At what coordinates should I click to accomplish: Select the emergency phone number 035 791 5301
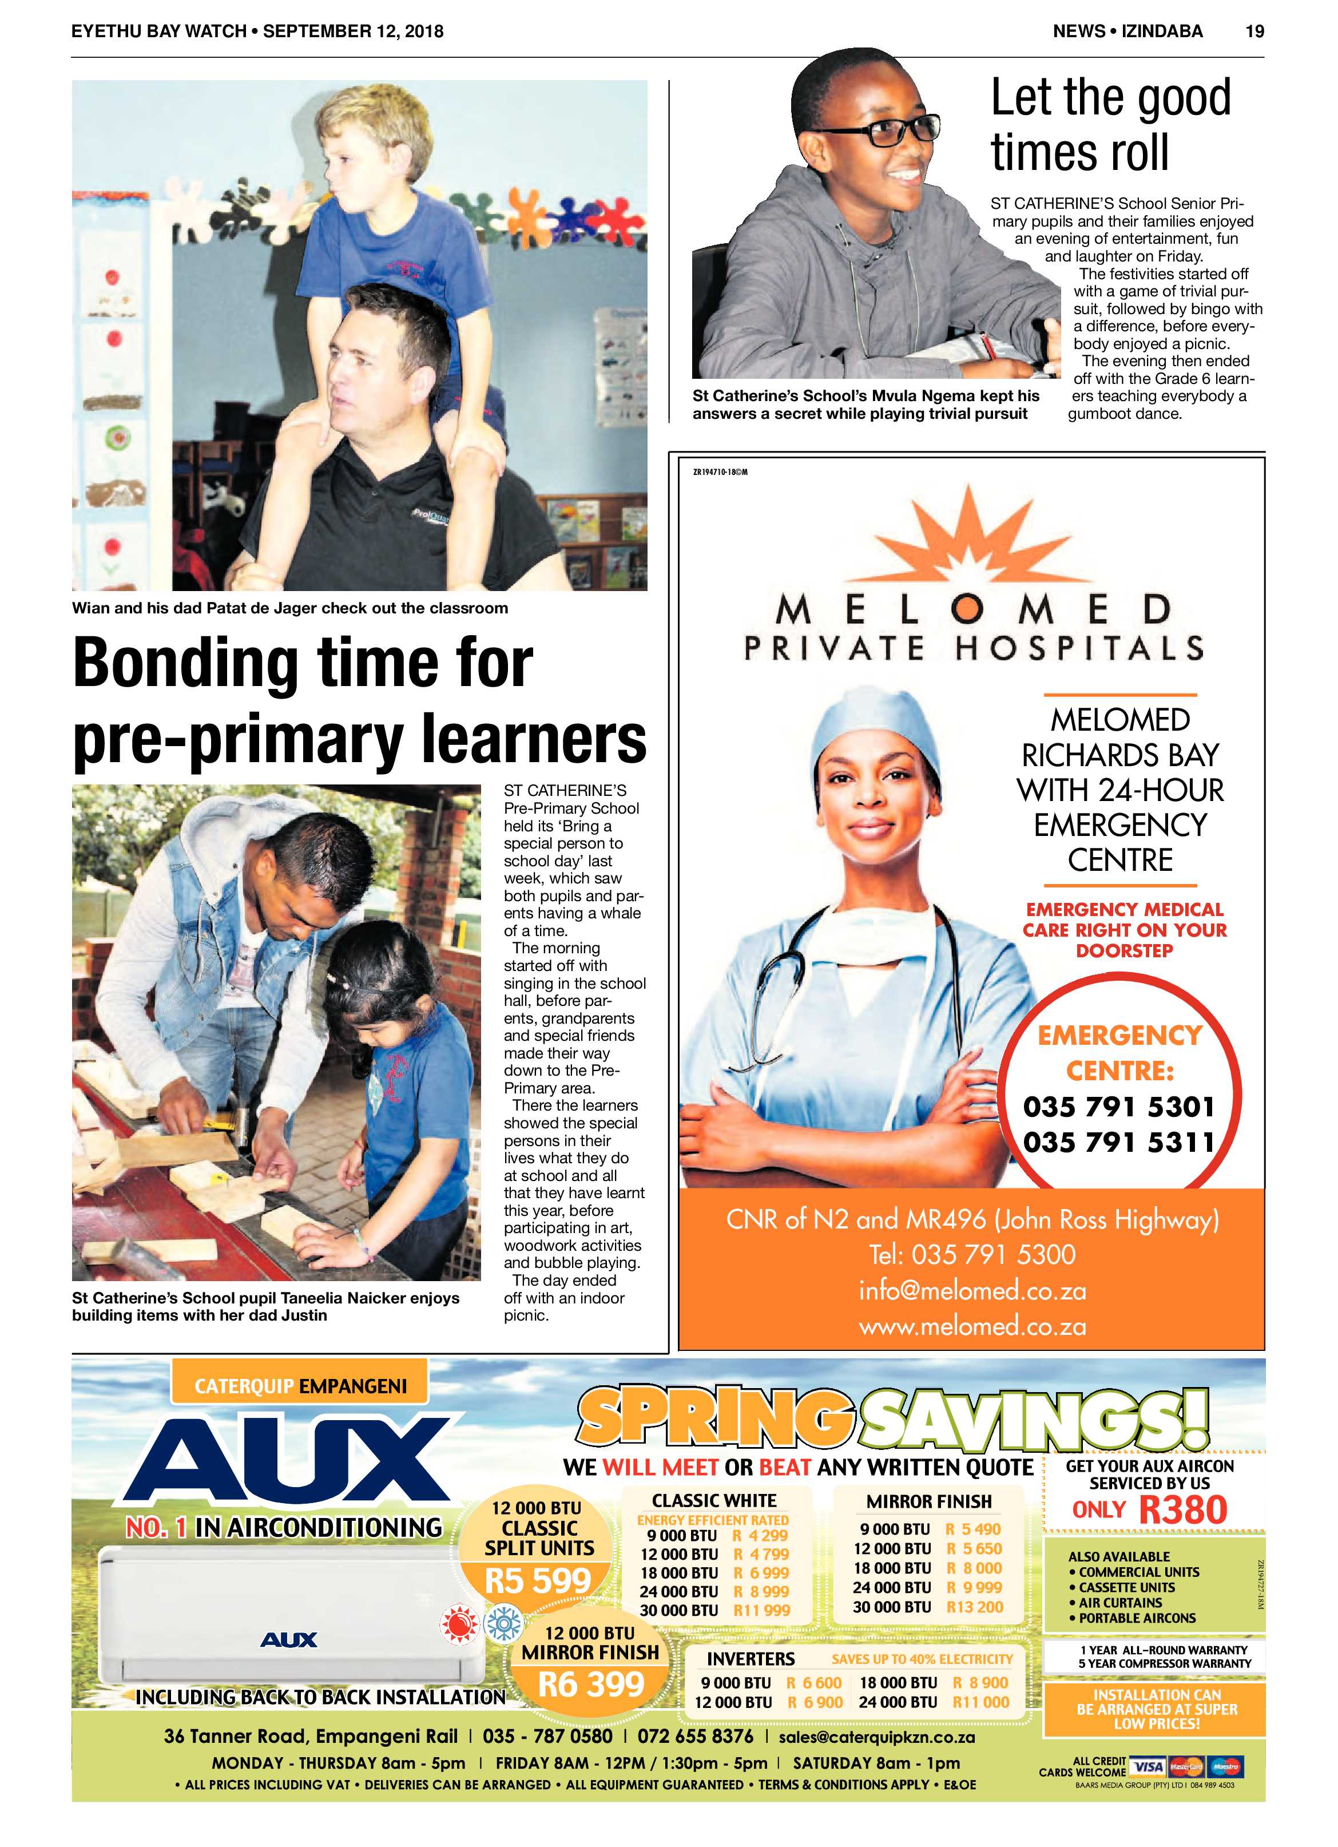click(1119, 1107)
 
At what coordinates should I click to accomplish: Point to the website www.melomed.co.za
click(972, 1327)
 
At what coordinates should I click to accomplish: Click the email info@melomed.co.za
click(972, 1291)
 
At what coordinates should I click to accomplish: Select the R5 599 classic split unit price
click(538, 1581)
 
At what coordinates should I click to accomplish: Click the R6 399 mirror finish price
click(591, 1683)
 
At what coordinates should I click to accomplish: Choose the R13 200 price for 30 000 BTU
click(975, 1607)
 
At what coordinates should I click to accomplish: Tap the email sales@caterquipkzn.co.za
click(876, 1737)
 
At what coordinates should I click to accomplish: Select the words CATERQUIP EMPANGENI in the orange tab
click(300, 1386)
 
